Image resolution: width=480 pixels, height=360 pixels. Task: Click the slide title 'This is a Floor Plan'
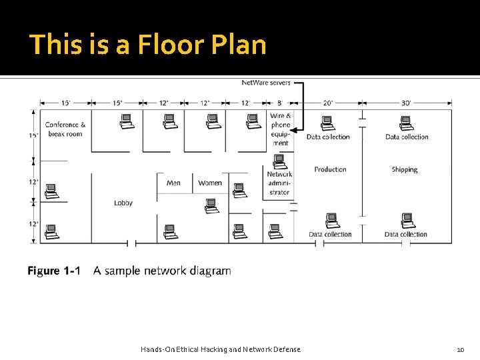[x=148, y=45]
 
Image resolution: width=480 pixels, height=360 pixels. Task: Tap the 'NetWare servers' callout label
[x=266, y=83]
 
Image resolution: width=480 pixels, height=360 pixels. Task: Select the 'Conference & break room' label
[x=65, y=129]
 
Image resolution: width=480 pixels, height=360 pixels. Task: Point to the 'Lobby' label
[x=123, y=203]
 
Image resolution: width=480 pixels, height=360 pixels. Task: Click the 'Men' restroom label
[x=173, y=183]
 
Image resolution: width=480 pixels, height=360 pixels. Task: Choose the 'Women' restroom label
[x=210, y=183]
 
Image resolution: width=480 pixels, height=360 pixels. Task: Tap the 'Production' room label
[x=331, y=169]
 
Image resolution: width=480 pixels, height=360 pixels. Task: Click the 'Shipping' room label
[x=405, y=169]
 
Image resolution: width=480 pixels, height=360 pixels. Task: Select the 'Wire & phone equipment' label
[x=281, y=129]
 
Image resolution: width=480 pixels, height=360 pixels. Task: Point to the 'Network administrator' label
[x=279, y=183]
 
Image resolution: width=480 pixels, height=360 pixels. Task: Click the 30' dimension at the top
[x=407, y=103]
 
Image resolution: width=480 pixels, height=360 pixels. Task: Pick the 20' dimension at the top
[x=328, y=103]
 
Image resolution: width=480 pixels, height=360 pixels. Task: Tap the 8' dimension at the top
[x=280, y=103]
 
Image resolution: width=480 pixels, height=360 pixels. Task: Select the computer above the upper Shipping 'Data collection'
[x=406, y=123]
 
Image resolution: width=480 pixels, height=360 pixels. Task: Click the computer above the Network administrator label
[x=279, y=161]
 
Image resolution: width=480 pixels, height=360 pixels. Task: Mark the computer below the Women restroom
[x=211, y=205]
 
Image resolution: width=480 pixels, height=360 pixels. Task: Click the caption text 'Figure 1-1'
[x=53, y=271]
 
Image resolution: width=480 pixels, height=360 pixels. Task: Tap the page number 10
[x=460, y=349]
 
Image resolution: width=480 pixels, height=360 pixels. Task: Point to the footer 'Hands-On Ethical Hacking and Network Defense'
[x=221, y=349]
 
